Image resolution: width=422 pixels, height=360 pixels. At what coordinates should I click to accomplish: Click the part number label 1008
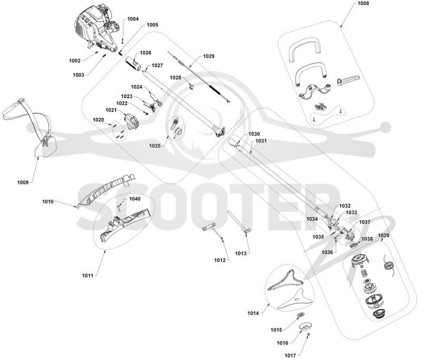[x=363, y=4]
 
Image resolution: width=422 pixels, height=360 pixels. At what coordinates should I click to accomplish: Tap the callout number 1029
[x=208, y=56]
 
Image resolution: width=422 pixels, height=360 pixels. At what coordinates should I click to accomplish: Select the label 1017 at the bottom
[x=291, y=356]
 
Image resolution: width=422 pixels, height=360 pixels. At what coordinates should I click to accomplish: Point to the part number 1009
[x=23, y=183]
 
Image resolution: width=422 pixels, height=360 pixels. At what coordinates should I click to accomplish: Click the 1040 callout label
[x=135, y=198]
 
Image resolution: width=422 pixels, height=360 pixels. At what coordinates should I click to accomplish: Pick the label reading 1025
[x=155, y=146]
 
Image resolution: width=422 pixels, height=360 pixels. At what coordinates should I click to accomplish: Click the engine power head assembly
[x=97, y=29]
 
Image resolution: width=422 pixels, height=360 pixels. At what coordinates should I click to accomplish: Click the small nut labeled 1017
[x=309, y=334]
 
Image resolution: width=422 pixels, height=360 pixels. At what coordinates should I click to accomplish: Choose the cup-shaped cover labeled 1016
[x=305, y=326]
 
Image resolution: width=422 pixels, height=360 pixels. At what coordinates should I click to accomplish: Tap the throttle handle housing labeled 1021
[x=131, y=122]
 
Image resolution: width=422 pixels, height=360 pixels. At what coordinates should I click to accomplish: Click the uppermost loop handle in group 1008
[x=305, y=47]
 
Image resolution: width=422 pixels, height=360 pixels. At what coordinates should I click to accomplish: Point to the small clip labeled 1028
[x=192, y=87]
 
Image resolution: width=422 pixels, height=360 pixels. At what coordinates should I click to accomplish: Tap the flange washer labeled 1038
[x=354, y=245]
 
